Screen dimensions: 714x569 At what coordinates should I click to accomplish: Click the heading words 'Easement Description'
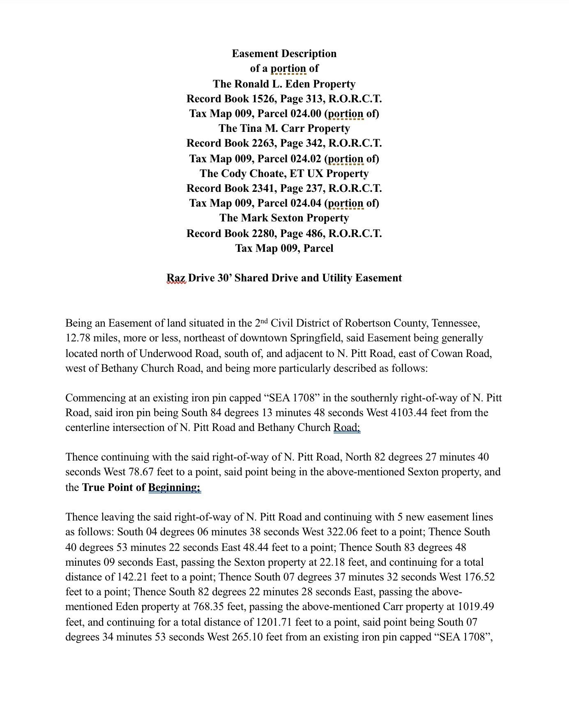(x=284, y=53)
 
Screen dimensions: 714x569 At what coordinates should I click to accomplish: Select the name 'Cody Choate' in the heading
(x=243, y=173)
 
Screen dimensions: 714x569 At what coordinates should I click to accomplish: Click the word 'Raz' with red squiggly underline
(x=176, y=278)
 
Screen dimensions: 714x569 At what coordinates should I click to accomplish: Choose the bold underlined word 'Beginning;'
(x=174, y=487)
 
